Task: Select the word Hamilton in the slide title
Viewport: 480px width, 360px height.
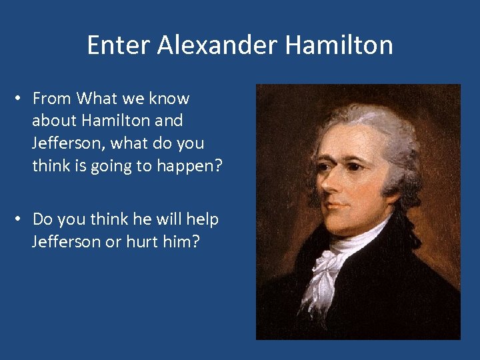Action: coord(339,45)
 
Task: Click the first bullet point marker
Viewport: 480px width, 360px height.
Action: coord(21,99)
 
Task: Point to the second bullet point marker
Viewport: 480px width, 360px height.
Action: coord(21,219)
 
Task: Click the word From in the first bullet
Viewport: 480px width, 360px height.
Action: coord(51,99)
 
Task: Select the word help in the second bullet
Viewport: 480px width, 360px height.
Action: coord(203,219)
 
